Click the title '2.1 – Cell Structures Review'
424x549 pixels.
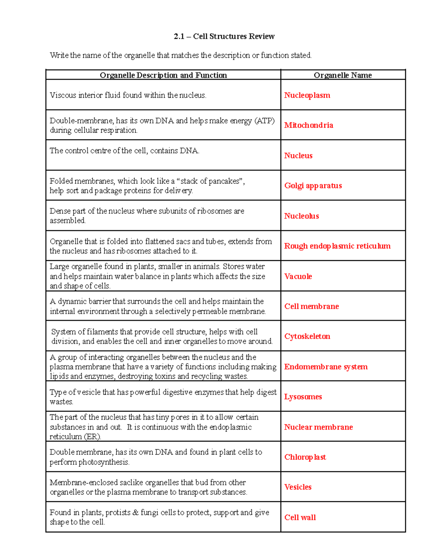pyautogui.click(x=224, y=36)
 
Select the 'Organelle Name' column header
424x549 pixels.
pyautogui.click(x=342, y=75)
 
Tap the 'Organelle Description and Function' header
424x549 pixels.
pyautogui.click(x=163, y=75)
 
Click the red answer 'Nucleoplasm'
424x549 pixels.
pyautogui.click(x=307, y=95)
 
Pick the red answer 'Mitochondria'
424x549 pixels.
pyautogui.click(x=308, y=125)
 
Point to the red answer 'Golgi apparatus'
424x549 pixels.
pyautogui.click(x=313, y=186)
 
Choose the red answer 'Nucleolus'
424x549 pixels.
pyautogui.click(x=301, y=216)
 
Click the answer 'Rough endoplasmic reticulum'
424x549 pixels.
pyautogui.click(x=337, y=246)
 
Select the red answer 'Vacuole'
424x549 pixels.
pyautogui.click(x=298, y=276)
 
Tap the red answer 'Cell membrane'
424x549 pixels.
pyautogui.click(x=311, y=306)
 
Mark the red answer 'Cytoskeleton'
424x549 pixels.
pyautogui.click(x=307, y=337)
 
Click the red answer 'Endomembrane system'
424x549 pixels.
pyautogui.click(x=326, y=367)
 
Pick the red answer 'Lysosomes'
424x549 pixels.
pyautogui.click(x=303, y=397)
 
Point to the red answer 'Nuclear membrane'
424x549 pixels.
pyautogui.click(x=318, y=427)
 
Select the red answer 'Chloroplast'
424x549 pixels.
pyautogui.click(x=305, y=457)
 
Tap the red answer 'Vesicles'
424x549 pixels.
pyautogui.click(x=298, y=487)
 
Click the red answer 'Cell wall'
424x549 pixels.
pyautogui.click(x=300, y=518)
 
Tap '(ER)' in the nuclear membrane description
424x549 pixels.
pyautogui.click(x=93, y=437)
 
